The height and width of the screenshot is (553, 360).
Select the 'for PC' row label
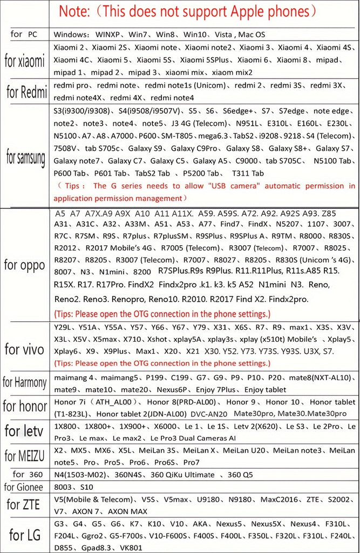click(x=24, y=34)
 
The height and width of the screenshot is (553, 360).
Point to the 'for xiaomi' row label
click(x=24, y=60)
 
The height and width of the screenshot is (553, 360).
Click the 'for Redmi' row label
click(x=26, y=92)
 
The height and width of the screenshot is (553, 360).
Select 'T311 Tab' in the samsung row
click(x=248, y=173)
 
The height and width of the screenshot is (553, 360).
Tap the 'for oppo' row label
click(x=24, y=265)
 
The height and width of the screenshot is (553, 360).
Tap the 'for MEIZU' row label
click(x=24, y=455)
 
